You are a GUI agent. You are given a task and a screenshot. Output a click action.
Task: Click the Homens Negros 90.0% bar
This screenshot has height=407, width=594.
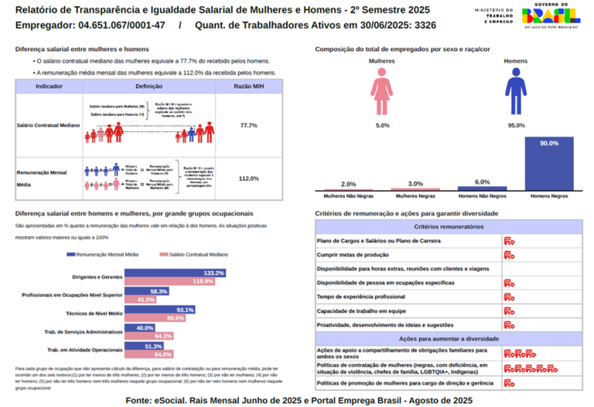tap(549, 164)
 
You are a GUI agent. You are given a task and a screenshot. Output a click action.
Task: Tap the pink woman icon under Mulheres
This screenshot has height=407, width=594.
tap(382, 91)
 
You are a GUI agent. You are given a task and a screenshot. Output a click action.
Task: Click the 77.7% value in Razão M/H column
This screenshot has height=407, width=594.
tap(248, 125)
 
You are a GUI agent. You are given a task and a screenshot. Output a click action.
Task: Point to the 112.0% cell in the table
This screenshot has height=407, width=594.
tap(248, 178)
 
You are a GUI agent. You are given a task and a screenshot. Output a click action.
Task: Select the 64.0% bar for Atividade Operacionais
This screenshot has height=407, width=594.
tap(149, 354)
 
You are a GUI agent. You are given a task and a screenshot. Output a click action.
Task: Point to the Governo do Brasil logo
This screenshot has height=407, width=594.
tap(550, 15)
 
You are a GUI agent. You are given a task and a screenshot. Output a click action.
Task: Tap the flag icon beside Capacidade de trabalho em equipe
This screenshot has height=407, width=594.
tap(510, 311)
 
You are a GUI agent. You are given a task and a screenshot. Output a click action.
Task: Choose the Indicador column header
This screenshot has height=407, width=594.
tap(49, 86)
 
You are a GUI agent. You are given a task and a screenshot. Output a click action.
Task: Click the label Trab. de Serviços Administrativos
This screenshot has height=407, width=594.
tap(84, 332)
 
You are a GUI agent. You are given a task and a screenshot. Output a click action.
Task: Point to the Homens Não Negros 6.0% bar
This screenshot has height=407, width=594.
tap(482, 188)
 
